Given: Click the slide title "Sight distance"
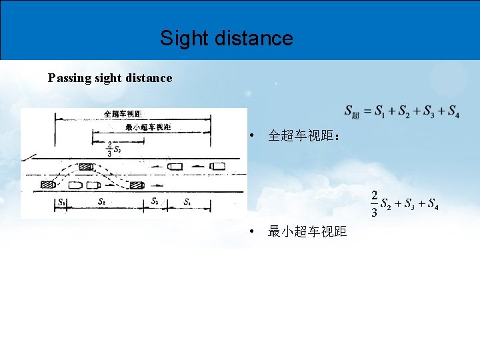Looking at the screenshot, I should coord(226,38).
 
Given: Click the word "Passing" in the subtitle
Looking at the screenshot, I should coord(70,78).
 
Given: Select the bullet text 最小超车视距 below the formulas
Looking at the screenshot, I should coord(307,232).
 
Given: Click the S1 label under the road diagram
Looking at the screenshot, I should coord(61,201).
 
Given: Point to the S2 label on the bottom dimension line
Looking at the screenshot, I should coord(101,201).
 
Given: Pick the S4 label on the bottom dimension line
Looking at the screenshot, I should coord(187,201).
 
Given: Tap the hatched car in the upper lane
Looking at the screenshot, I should coord(85,167).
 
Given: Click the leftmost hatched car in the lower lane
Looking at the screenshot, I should coord(48,184).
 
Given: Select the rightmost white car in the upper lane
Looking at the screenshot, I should coord(217,166).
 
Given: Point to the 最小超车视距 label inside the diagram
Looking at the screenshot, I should coord(148,127).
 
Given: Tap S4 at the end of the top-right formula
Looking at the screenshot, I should coord(453,111).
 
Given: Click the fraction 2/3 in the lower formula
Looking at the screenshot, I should coord(375,204).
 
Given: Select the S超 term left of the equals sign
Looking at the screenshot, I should coord(352,112).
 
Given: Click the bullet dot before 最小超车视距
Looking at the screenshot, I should coord(249,232).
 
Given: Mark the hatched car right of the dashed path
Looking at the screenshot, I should coord(138,184).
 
